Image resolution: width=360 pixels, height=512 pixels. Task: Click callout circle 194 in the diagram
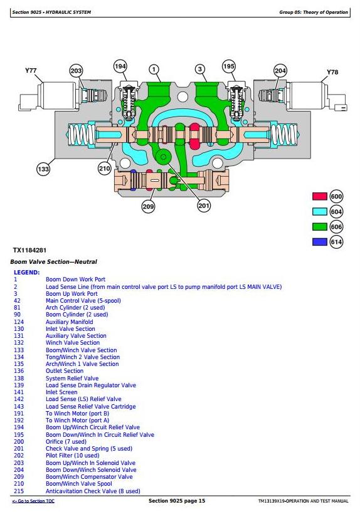point(120,66)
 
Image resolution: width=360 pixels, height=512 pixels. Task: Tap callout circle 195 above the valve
point(229,66)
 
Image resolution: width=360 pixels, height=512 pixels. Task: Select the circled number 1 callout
point(154,69)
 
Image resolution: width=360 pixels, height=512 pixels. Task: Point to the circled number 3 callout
point(200,69)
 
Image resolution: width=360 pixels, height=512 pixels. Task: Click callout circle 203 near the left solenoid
point(76,71)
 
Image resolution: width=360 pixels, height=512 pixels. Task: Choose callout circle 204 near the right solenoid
point(280,71)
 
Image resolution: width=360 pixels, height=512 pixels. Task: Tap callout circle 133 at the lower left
point(43,169)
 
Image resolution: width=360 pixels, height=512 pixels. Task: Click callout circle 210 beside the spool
point(105,169)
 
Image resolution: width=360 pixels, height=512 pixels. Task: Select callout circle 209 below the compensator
point(148,206)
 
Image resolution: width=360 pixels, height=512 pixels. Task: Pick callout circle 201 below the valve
point(204,206)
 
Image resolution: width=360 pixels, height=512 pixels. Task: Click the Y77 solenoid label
point(31,71)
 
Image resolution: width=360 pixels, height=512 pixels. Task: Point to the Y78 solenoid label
point(332,72)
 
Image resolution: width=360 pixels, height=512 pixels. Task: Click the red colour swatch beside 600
point(319,196)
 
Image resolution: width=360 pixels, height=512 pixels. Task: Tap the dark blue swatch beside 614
point(319,242)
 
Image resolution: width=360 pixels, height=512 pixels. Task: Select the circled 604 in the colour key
point(336,212)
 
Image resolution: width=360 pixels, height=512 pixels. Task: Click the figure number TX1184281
point(29,251)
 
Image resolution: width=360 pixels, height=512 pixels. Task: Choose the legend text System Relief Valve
point(72,379)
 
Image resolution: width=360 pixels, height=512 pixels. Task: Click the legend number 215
point(19,491)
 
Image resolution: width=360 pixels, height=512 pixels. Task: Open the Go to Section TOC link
point(33,501)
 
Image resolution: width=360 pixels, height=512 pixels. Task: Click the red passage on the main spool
point(194,136)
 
